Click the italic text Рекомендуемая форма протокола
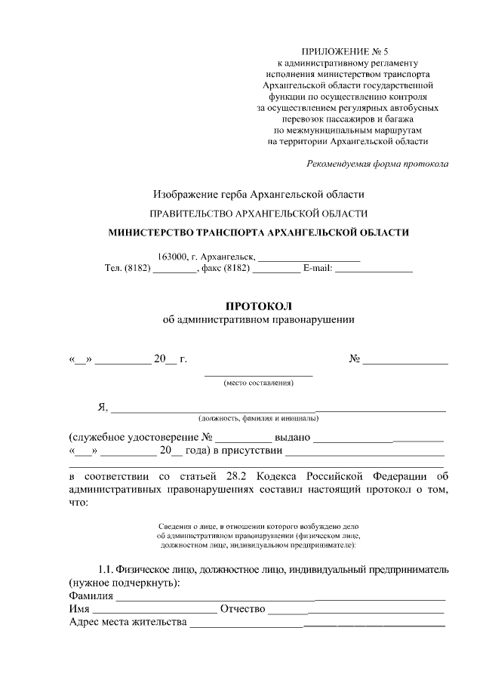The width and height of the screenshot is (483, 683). pos(377,164)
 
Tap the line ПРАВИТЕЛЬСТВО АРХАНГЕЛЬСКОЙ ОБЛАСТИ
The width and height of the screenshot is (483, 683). pos(259,214)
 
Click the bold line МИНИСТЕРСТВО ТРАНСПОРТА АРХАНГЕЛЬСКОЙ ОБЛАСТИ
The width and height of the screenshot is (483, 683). pos(259,232)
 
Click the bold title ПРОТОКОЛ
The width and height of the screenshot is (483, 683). pos(258,306)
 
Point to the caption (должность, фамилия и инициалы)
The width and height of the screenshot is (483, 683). pos(258,417)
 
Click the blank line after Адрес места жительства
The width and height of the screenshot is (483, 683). pos(317,624)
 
